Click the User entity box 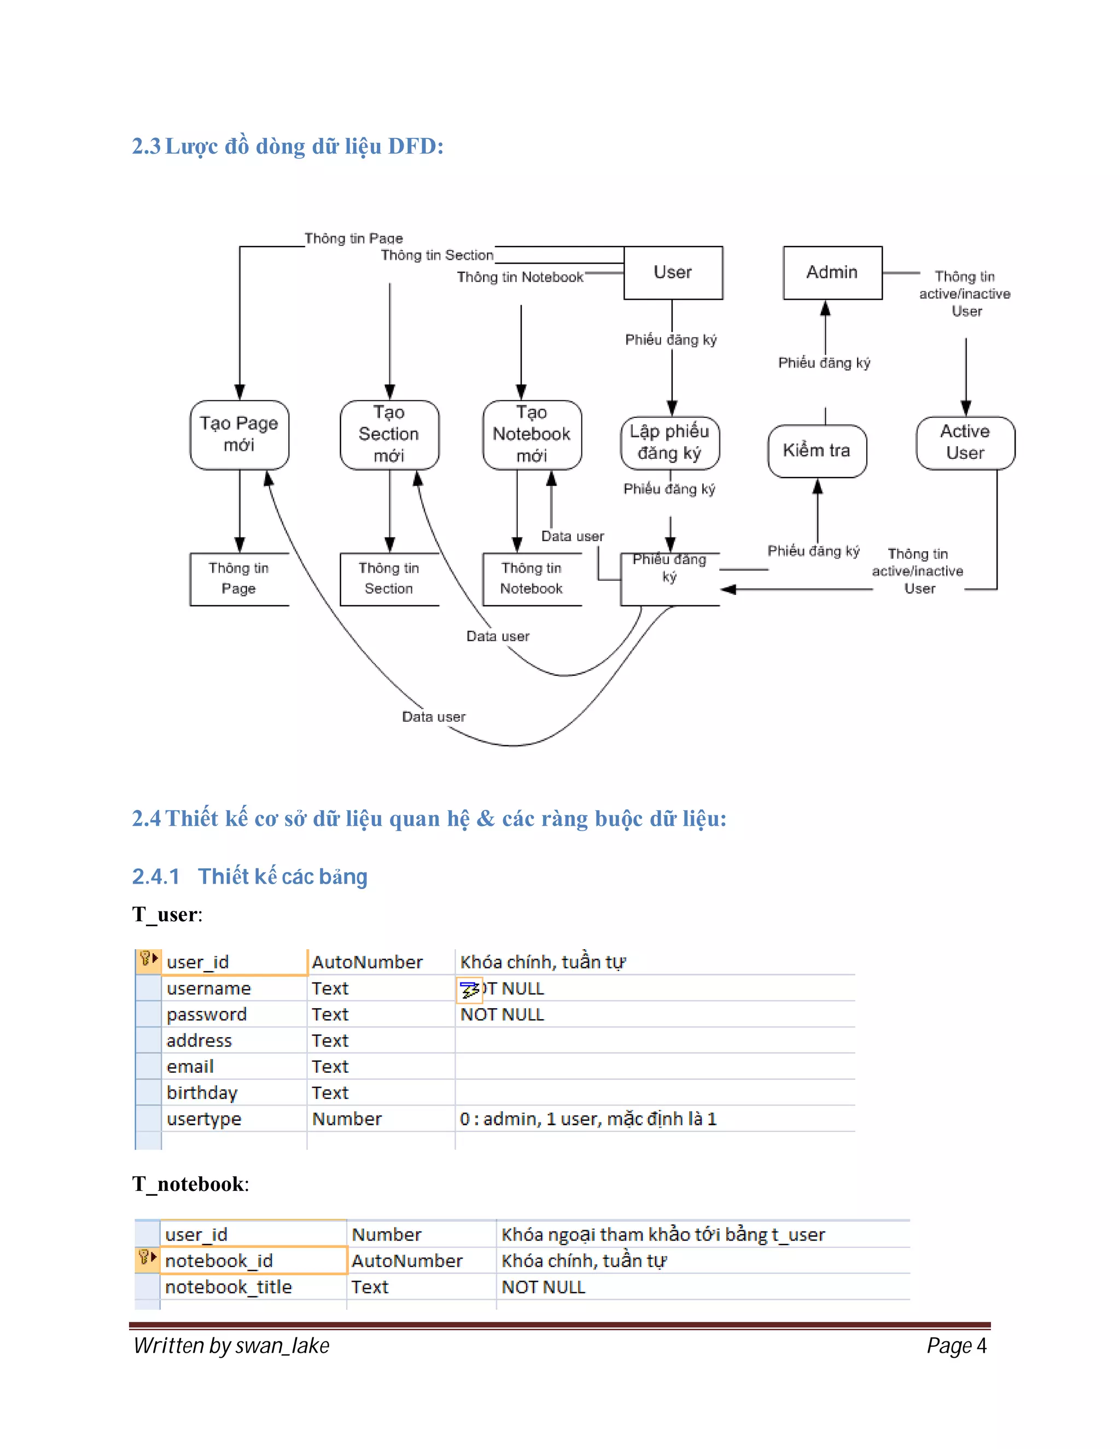point(673,273)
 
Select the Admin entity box point(832,273)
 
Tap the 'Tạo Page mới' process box point(239,435)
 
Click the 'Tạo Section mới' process point(389,435)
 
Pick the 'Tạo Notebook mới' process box point(532,435)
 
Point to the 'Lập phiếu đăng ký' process point(669,442)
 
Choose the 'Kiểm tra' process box point(817,451)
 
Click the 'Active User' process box point(965,442)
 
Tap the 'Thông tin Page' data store point(239,579)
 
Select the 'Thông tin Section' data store point(389,579)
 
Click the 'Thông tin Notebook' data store point(532,579)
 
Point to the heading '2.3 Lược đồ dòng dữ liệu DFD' point(287,146)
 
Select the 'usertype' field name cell point(205,1119)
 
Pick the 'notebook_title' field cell point(228,1287)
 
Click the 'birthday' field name point(202,1092)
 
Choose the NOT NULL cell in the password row point(502,1014)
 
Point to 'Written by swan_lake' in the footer point(231,1346)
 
